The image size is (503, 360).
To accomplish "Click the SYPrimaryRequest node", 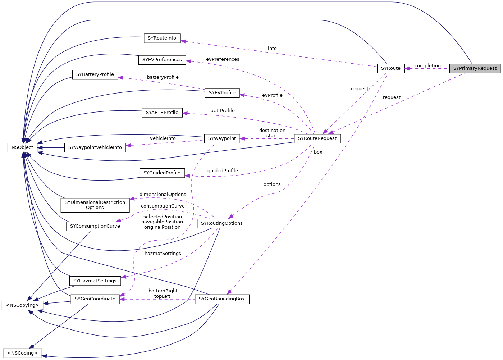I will tap(475, 68).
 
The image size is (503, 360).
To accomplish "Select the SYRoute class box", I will tap(390, 68).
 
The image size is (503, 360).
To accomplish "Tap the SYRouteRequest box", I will tap(317, 138).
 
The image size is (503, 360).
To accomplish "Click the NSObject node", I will tap(22, 147).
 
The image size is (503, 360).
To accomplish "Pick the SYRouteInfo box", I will tap(162, 38).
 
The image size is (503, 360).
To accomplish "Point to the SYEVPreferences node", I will tap(162, 60).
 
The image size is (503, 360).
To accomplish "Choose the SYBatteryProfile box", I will tap(95, 74).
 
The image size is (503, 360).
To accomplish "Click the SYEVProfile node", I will tap(222, 93).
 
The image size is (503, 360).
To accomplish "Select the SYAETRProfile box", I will tap(162, 113).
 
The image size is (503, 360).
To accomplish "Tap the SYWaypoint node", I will tap(222, 138).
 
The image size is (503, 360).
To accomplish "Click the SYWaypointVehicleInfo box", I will tap(95, 147).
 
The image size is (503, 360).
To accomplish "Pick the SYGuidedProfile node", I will tap(162, 173).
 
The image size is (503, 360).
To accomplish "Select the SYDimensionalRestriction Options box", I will tap(95, 205).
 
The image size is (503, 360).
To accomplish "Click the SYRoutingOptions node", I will tap(222, 223).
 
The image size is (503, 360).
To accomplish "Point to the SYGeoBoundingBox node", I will tap(222, 299).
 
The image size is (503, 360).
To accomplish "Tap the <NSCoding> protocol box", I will tap(22, 353).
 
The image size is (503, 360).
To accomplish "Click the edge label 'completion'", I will tap(427, 66).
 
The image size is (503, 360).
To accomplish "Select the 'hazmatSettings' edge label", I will tap(163, 254).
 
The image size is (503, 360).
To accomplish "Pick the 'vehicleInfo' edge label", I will tap(163, 138).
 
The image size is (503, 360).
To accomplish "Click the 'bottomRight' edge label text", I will tap(163, 291).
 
